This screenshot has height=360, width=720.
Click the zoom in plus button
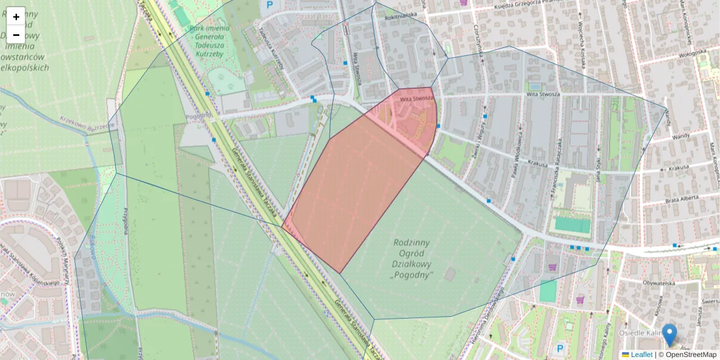pyautogui.click(x=16, y=17)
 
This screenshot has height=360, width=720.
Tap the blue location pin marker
pyautogui.click(x=669, y=334)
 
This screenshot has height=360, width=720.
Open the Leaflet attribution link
pyautogui.click(x=641, y=355)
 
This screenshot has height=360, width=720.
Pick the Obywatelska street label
pyautogui.click(x=659, y=282)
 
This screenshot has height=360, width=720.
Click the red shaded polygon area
pyautogui.click(x=354, y=186)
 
